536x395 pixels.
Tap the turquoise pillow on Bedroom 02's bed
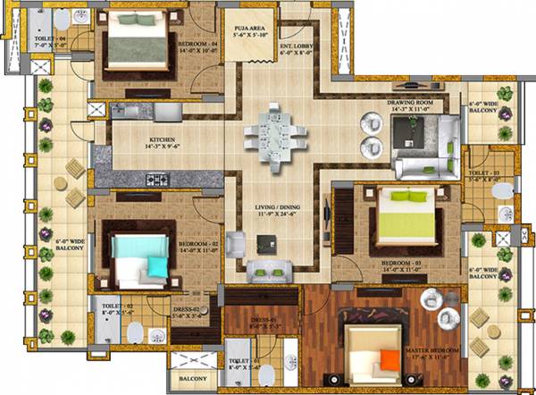tap(156, 265)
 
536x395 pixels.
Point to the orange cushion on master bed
tap(389, 359)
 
